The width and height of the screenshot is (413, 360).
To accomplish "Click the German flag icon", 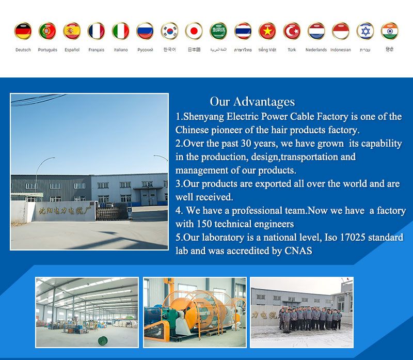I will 23,31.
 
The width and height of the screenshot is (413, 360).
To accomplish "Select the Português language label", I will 47,50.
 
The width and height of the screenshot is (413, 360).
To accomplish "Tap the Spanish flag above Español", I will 72,31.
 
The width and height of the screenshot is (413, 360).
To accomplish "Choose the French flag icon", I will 96,31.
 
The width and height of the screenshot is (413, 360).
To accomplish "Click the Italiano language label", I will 121,50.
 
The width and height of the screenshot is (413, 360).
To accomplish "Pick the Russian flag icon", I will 145,31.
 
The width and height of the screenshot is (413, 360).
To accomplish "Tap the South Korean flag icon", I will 169,31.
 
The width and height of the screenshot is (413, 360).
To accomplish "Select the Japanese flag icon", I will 194,31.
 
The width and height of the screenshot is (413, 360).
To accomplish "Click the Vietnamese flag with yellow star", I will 267,31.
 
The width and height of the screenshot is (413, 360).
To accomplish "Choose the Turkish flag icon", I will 292,31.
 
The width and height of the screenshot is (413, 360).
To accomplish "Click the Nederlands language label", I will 316,50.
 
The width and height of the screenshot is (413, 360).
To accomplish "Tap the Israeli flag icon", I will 365,31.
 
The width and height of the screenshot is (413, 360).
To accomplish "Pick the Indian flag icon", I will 390,31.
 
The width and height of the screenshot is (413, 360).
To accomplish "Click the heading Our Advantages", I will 252,101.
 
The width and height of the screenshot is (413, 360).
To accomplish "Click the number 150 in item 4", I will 203,224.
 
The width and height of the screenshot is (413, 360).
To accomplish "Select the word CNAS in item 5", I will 298,251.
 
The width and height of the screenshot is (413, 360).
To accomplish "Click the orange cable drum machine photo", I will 195,312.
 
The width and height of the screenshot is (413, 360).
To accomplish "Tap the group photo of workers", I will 302,312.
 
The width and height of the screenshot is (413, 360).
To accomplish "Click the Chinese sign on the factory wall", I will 59,211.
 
